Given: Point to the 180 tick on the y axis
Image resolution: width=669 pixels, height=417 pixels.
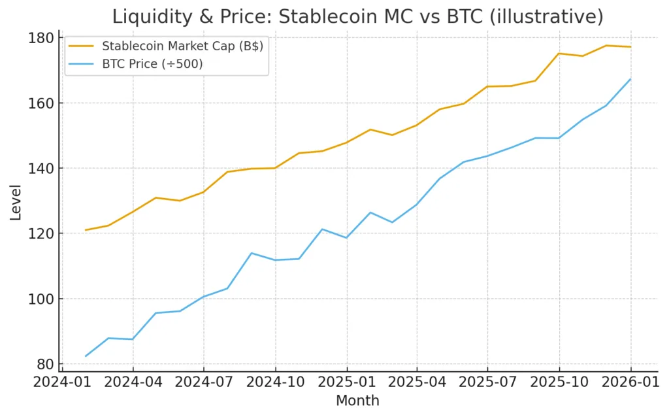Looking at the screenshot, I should (x=41, y=38).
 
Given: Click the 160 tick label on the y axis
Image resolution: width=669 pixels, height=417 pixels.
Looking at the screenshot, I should (x=41, y=103).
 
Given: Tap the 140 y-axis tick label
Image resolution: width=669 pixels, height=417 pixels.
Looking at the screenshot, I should (x=41, y=169).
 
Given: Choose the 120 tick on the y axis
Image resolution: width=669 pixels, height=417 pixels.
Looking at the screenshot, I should (x=41, y=233).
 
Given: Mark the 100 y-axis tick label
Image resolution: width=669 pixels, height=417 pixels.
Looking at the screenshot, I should (x=41, y=299).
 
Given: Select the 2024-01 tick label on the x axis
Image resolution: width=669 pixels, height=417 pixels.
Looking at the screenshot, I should (x=62, y=382).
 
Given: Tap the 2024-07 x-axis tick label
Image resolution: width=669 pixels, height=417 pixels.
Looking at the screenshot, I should (x=204, y=382).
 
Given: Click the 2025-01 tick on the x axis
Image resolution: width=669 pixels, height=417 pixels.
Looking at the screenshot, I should (x=346, y=382).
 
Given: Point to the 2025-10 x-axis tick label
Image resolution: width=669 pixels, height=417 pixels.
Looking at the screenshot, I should (x=559, y=382).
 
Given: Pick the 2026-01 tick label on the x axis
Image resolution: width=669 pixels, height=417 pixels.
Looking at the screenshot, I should (x=630, y=382).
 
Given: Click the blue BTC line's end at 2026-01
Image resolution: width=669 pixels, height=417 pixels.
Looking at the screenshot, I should (x=630, y=79).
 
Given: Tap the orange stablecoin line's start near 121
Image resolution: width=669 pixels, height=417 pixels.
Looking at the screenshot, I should (x=86, y=230).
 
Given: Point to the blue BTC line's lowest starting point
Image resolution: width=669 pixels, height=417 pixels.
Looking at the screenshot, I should (x=86, y=356).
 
